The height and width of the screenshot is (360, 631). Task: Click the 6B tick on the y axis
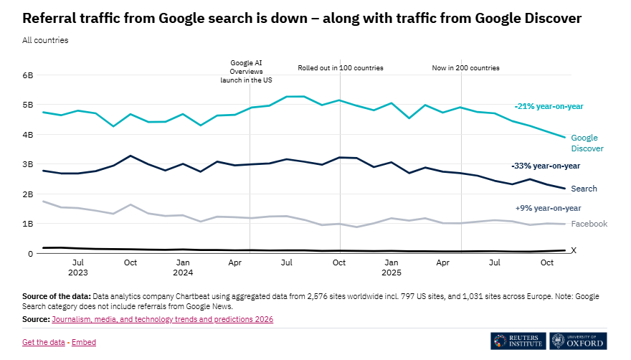pyautogui.click(x=28, y=75)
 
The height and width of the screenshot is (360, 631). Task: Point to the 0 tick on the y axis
pyautogui.click(x=30, y=254)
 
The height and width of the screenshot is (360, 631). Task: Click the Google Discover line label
pyautogui.click(x=584, y=143)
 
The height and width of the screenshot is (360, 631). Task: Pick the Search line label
pyautogui.click(x=584, y=189)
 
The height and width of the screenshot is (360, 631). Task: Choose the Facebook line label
pyautogui.click(x=589, y=224)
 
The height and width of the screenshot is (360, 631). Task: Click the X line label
pyautogui.click(x=573, y=250)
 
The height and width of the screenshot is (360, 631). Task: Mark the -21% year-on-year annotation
pyautogui.click(x=549, y=106)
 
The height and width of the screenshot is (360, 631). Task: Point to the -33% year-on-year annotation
pyautogui.click(x=545, y=166)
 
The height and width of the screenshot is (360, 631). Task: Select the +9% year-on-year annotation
pyautogui.click(x=548, y=208)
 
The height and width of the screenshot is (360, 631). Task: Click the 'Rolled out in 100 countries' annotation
pyautogui.click(x=341, y=68)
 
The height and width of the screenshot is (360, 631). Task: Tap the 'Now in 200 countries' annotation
pyautogui.click(x=465, y=68)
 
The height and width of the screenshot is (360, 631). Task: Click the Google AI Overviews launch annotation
pyautogui.click(x=246, y=72)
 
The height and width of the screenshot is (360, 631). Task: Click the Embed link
pyautogui.click(x=83, y=342)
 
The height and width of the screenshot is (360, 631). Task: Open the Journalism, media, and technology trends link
pyautogui.click(x=163, y=319)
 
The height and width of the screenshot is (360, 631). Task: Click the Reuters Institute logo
pyautogui.click(x=518, y=341)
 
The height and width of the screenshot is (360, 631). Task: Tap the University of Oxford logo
pyautogui.click(x=578, y=341)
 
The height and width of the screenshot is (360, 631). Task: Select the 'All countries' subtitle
pyautogui.click(x=45, y=40)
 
